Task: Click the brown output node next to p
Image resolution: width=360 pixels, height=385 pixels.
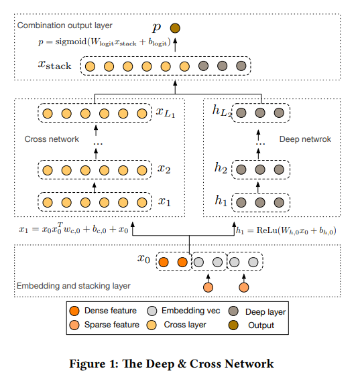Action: click(x=175, y=28)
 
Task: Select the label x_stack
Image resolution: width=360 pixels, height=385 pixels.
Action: click(x=55, y=66)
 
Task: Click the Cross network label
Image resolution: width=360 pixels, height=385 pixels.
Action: click(x=52, y=139)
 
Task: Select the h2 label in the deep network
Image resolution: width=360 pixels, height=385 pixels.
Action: click(x=221, y=169)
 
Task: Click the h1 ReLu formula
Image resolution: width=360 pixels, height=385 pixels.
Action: click(x=287, y=231)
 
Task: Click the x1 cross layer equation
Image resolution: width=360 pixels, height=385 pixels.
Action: click(x=74, y=231)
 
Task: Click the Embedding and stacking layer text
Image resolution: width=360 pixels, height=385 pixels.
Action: click(x=72, y=286)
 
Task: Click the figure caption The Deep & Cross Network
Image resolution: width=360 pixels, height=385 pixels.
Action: click(x=180, y=364)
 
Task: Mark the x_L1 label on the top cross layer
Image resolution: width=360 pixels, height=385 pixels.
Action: click(x=166, y=114)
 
